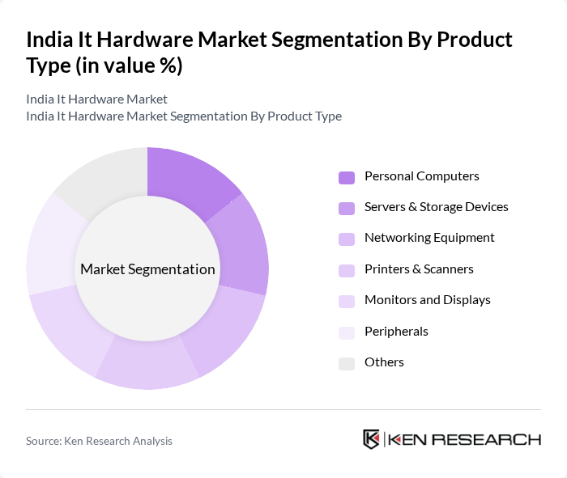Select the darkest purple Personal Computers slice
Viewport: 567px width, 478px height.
tap(190, 178)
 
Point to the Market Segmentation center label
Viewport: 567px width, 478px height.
tap(147, 269)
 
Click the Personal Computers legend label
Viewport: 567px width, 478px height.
tap(421, 176)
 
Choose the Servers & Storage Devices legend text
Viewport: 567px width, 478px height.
tap(436, 207)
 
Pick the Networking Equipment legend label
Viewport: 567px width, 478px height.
tap(429, 238)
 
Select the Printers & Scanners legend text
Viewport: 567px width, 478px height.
tap(419, 269)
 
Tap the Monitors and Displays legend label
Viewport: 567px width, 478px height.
tap(427, 300)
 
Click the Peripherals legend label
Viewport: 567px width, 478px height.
tap(396, 331)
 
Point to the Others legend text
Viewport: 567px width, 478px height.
tap(384, 362)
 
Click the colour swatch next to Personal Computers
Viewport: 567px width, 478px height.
tap(346, 177)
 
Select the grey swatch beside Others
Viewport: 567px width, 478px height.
tap(346, 363)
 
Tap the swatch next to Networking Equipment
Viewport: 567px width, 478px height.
tap(346, 239)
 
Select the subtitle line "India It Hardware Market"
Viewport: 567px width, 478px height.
tap(96, 99)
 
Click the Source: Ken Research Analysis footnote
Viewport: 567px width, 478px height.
tap(99, 441)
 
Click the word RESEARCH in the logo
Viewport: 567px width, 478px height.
tap(495, 440)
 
